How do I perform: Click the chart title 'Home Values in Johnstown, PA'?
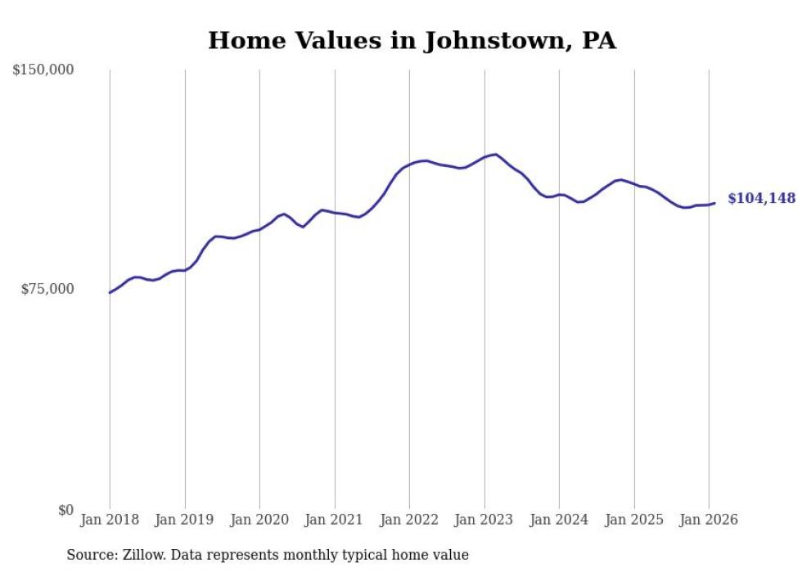[412, 40]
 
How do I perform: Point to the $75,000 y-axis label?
[47, 289]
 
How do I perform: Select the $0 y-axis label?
[65, 510]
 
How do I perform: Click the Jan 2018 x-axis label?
[110, 520]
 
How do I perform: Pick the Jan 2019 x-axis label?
[185, 520]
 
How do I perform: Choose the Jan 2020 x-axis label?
[259, 520]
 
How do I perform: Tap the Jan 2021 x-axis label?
[335, 520]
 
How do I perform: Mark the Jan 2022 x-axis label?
[409, 520]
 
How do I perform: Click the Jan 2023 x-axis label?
[484, 520]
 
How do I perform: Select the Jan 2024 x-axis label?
[559, 520]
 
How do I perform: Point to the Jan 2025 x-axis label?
[634, 520]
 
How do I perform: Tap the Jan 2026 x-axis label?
[709, 520]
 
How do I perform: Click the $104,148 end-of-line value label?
[761, 199]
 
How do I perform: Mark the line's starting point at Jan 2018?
[110, 292]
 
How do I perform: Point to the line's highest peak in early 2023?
[496, 154]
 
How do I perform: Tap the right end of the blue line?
[714, 203]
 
